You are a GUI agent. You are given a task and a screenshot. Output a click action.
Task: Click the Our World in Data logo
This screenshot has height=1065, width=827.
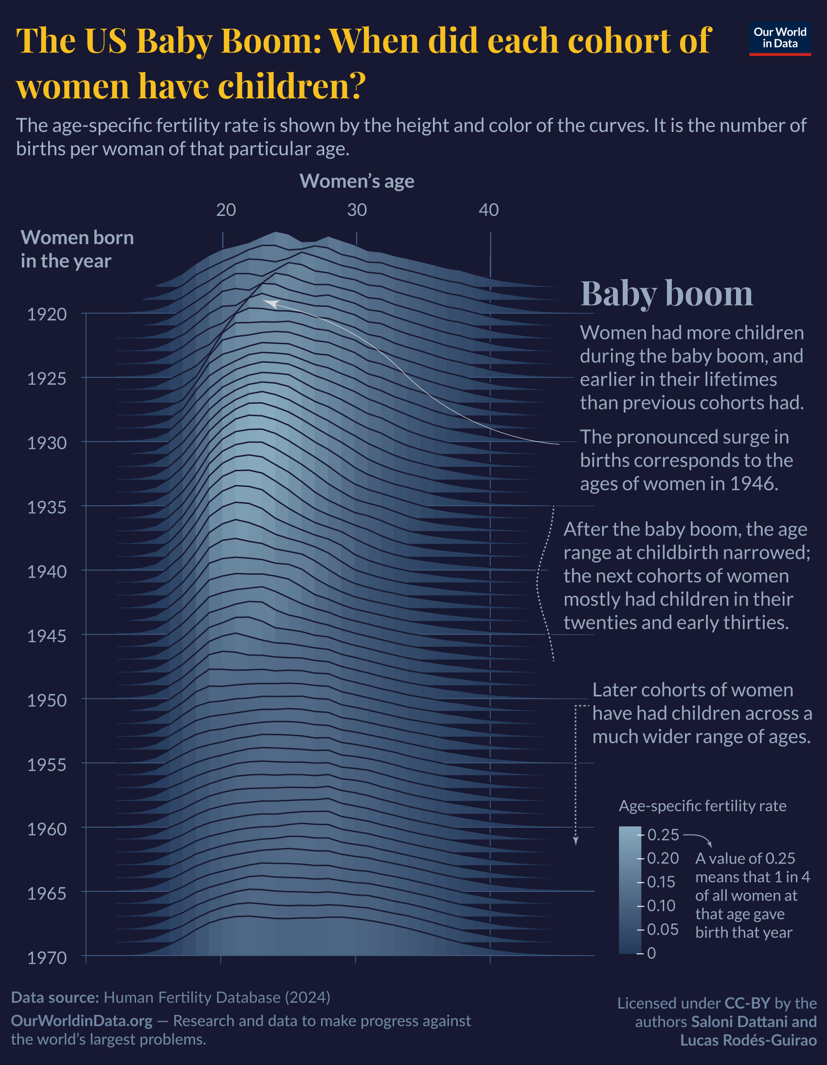click(x=780, y=38)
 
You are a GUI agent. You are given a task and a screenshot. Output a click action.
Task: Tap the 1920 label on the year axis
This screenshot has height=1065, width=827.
click(x=47, y=315)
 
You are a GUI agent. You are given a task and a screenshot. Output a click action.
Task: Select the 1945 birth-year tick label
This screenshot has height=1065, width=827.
click(x=47, y=637)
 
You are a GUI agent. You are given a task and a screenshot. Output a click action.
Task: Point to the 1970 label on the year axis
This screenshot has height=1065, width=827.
click(x=47, y=958)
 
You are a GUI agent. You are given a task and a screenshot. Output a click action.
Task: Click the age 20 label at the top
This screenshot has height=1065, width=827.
click(x=226, y=210)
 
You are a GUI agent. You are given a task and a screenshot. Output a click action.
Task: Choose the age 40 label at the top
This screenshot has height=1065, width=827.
click(x=488, y=210)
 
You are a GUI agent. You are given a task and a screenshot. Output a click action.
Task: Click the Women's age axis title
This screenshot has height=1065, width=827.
click(x=357, y=181)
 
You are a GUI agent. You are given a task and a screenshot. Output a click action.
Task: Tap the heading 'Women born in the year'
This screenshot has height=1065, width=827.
click(x=76, y=249)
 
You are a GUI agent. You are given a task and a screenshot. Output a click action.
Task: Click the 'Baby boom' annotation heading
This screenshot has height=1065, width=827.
click(x=666, y=294)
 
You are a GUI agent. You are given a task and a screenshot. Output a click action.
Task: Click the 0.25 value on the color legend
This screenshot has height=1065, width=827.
click(x=663, y=835)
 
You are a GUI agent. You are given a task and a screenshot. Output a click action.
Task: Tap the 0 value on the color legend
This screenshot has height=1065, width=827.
click(x=651, y=953)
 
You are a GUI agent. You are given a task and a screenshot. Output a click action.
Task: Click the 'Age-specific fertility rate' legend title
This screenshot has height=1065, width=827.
click(x=702, y=806)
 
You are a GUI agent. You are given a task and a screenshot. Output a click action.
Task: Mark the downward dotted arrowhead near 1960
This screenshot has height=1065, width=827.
click(x=575, y=841)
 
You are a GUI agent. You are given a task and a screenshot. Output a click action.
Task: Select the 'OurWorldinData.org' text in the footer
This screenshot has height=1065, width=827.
click(x=82, y=1021)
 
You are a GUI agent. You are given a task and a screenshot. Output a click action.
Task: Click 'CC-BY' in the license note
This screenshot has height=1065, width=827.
click(x=747, y=1003)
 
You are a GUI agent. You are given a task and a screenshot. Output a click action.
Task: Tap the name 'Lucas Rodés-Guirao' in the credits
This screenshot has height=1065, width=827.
click(x=749, y=1040)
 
